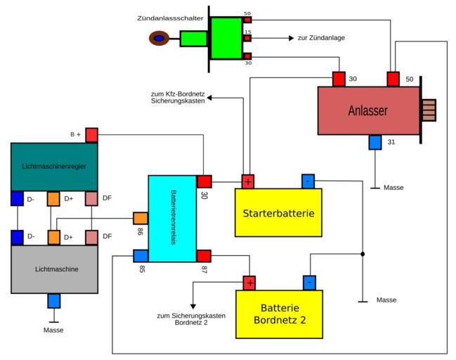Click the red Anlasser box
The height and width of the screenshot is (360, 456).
click(368, 110)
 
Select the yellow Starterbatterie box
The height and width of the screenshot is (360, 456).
click(278, 213)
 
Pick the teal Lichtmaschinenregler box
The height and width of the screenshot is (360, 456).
click(54, 166)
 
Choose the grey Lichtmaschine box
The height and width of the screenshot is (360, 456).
click(54, 269)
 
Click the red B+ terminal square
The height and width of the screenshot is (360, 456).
click(92, 135)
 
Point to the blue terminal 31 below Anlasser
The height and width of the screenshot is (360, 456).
click(375, 142)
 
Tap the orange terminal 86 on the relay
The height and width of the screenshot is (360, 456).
click(141, 219)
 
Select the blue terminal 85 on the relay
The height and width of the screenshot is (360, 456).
click(141, 256)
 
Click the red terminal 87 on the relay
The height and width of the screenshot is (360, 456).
click(204, 256)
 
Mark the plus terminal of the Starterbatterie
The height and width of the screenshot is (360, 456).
click(248, 181)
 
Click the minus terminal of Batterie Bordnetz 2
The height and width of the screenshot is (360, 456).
click(308, 283)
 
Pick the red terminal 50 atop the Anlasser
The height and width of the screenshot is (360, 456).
click(393, 78)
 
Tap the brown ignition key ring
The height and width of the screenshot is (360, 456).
click(159, 38)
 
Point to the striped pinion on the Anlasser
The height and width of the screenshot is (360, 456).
click(428, 110)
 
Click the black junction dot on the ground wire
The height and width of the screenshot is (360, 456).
click(363, 253)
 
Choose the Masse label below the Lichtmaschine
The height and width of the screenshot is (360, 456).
click(53, 330)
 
